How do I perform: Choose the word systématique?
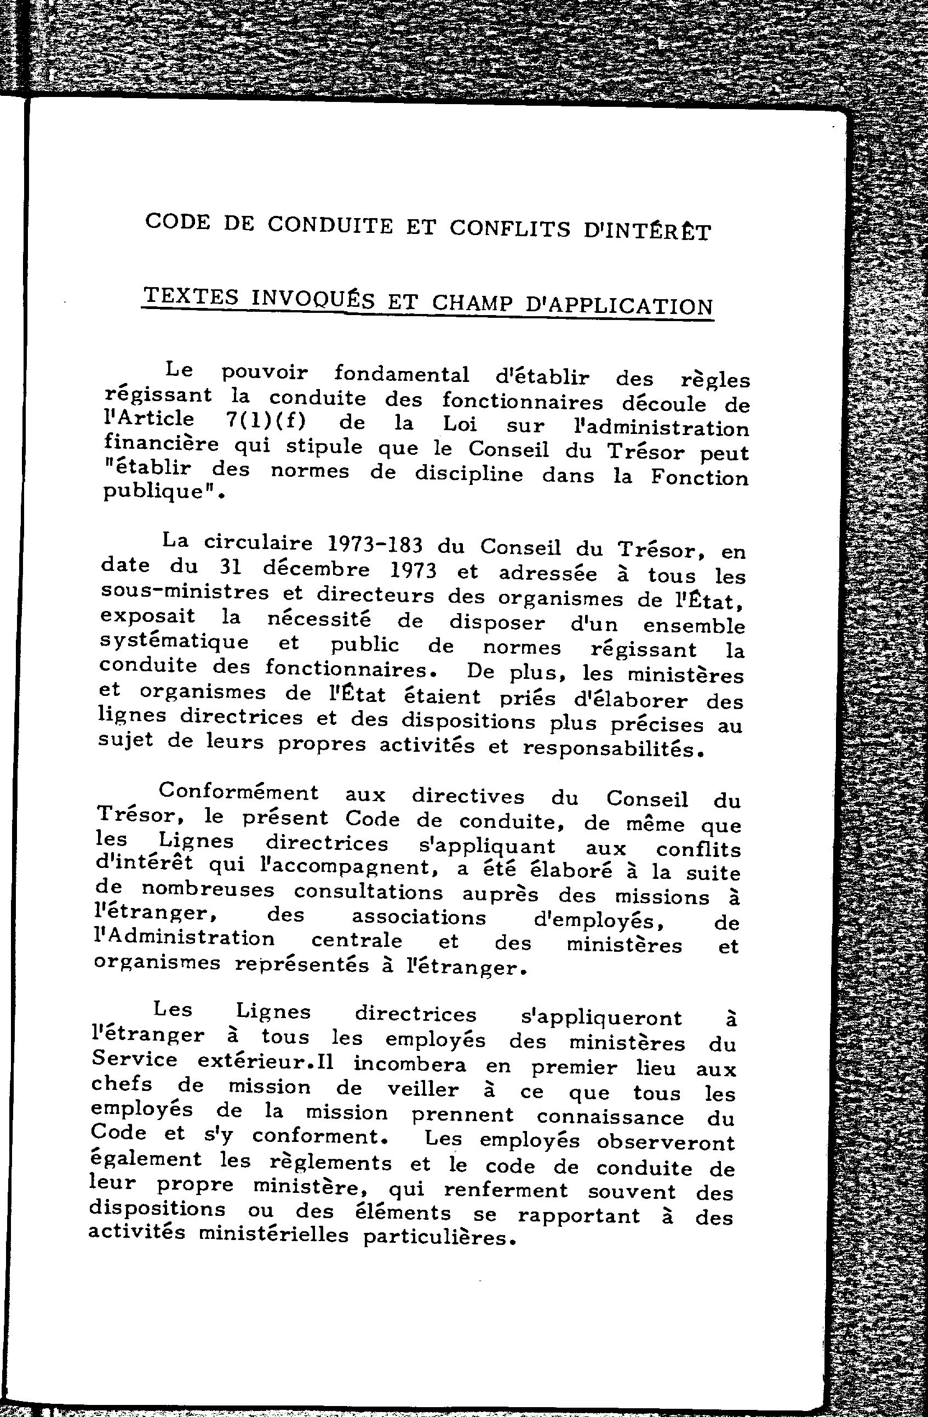click(x=174, y=643)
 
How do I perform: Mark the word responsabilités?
click(x=608, y=749)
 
